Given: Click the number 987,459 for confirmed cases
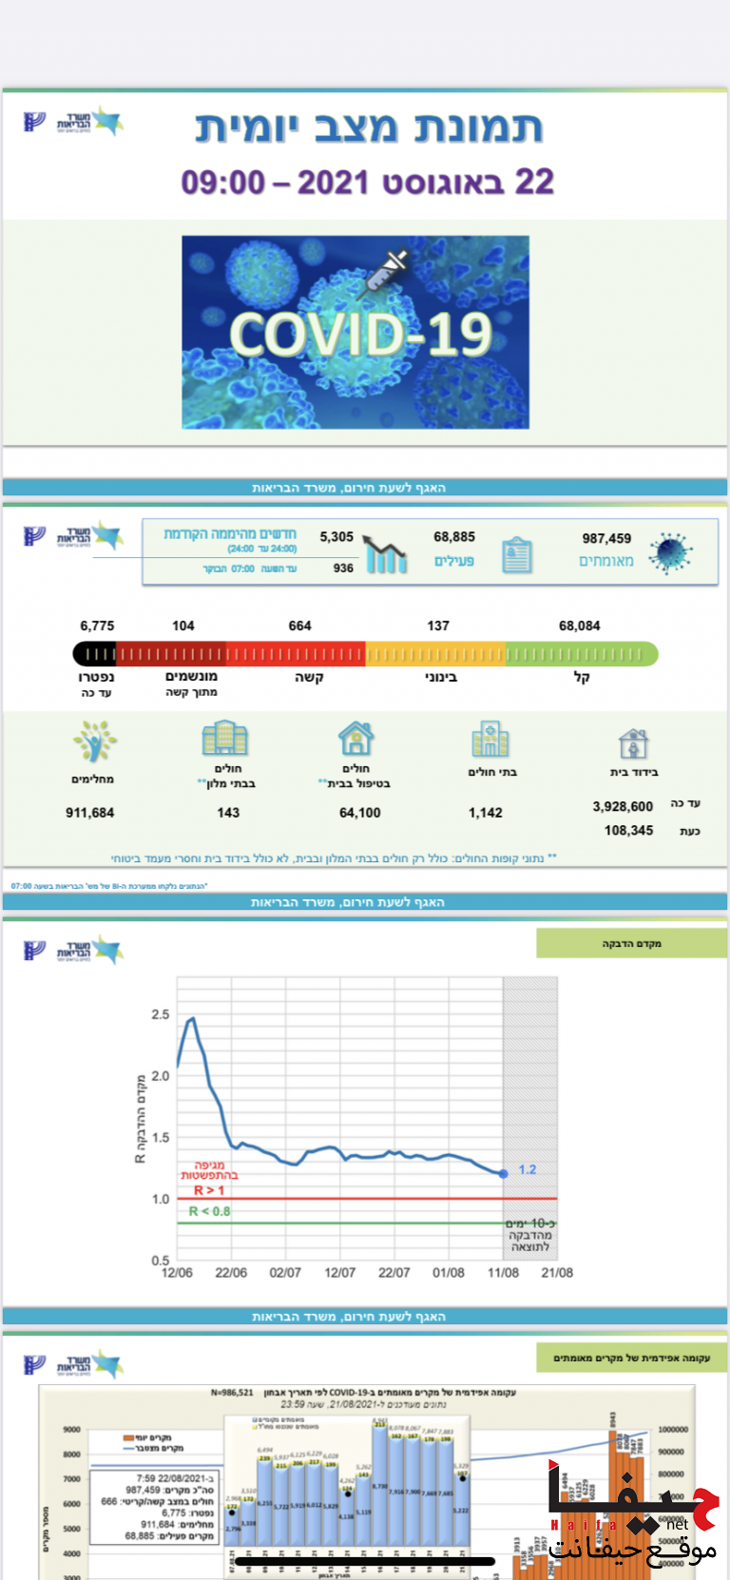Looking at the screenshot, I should (x=606, y=538).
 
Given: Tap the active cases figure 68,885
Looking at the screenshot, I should (x=454, y=537).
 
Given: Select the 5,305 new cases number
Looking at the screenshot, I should (x=336, y=537).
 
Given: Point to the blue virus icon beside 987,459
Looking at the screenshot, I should (x=671, y=553).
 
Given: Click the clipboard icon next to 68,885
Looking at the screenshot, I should (x=516, y=554).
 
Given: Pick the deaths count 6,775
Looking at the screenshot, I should (x=97, y=626).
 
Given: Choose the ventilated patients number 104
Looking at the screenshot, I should (x=183, y=626).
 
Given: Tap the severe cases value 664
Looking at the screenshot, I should (x=299, y=626).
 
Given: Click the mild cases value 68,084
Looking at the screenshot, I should (x=580, y=626).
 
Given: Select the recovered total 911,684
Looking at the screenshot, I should (x=89, y=813).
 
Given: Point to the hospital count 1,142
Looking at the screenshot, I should (x=486, y=813).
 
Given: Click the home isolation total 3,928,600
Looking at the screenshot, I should (x=623, y=806).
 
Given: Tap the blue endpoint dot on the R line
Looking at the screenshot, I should (x=503, y=1173).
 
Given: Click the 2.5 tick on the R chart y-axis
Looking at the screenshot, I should (x=160, y=1014).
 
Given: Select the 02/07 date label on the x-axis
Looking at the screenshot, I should (x=285, y=1273).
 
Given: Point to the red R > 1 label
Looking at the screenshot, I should (x=209, y=1190).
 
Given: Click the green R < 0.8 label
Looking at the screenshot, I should (x=209, y=1211).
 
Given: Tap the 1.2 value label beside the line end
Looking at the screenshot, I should (x=528, y=1169).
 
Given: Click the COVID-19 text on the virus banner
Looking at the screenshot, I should (x=361, y=335).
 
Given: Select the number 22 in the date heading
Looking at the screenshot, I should (x=534, y=182).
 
